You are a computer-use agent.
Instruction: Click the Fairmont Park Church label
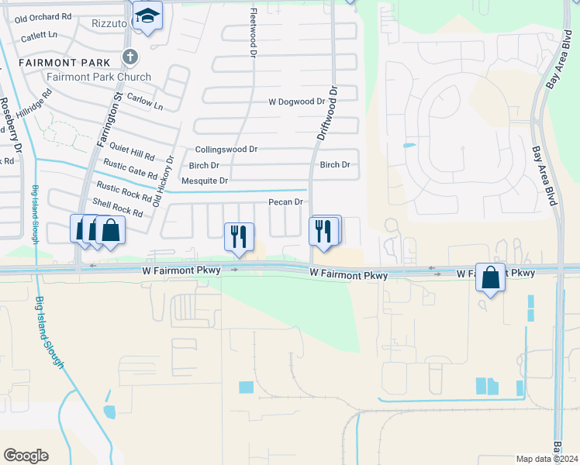pyautogui.click(x=98, y=77)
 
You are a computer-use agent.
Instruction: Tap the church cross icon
pyautogui.click(x=129, y=57)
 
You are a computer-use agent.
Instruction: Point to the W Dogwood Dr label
pyautogui.click(x=297, y=102)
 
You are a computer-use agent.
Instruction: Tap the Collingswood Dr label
pyautogui.click(x=226, y=149)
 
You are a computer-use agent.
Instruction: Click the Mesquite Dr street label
pyautogui.click(x=199, y=181)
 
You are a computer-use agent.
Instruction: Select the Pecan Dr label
pyautogui.click(x=285, y=201)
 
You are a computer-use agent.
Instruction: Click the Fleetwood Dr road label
pyautogui.click(x=253, y=31)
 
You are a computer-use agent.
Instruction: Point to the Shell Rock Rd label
pyautogui.click(x=118, y=207)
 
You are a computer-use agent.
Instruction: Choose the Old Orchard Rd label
pyautogui.click(x=43, y=17)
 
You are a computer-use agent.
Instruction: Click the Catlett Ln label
pyautogui.click(x=39, y=35)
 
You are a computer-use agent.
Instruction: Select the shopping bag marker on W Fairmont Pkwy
pyautogui.click(x=490, y=277)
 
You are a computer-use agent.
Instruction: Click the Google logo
pyautogui.click(x=26, y=456)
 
